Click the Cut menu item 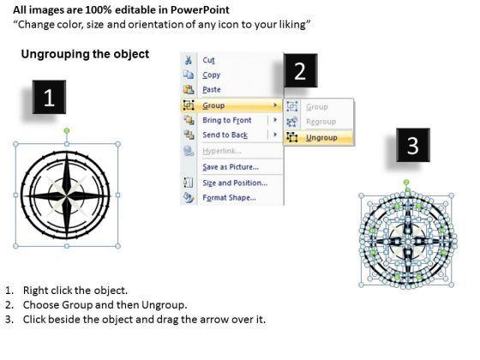pyautogui.click(x=208, y=60)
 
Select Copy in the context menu pyautogui.click(x=211, y=75)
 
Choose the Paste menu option pyautogui.click(x=212, y=89)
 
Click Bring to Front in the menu pyautogui.click(x=227, y=120)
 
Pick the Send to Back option pyautogui.click(x=225, y=135)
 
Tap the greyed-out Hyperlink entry pyautogui.click(x=222, y=151)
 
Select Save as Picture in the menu pyautogui.click(x=231, y=167)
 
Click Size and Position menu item pyautogui.click(x=235, y=183)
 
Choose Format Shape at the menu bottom pyautogui.click(x=230, y=197)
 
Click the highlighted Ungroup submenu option pyautogui.click(x=321, y=138)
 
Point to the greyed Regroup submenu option pyautogui.click(x=321, y=122)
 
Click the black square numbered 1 pyautogui.click(x=50, y=97)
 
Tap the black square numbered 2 pyautogui.click(x=300, y=70)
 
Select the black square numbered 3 pyautogui.click(x=413, y=145)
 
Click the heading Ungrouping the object pyautogui.click(x=85, y=54)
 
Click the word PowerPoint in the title pyautogui.click(x=200, y=9)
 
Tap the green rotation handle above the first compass pyautogui.click(x=67, y=131)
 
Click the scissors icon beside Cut pyautogui.click(x=189, y=60)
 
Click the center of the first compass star pyautogui.click(x=67, y=195)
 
